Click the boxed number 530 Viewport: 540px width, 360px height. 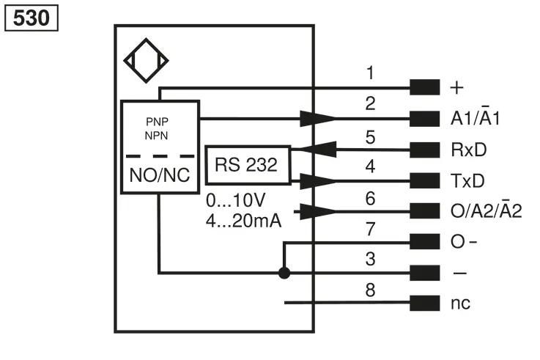tap(32, 18)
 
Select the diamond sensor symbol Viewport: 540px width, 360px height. tap(146, 61)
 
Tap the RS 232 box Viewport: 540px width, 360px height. tap(248, 165)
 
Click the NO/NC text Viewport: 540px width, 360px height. tap(160, 175)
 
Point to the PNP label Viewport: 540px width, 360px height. tap(157, 122)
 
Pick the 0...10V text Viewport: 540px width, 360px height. tap(235, 200)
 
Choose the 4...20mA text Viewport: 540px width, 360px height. tap(243, 221)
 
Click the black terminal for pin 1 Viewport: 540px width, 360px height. tap(425, 87)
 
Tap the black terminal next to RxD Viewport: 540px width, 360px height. tap(425, 150)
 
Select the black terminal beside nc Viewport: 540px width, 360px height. tap(425, 303)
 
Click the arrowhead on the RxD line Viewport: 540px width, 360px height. tap(319, 149)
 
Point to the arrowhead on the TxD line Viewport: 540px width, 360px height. tap(319, 181)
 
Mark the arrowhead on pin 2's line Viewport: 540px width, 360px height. tap(319, 119)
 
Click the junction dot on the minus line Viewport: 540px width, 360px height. tap(284, 273)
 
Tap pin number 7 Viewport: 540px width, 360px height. tap(370, 229)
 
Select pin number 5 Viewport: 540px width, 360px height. tap(370, 137)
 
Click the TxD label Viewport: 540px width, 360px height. tap(467, 180)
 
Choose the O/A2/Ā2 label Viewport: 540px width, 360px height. tap(486, 210)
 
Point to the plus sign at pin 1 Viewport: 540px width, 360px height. tap(456, 87)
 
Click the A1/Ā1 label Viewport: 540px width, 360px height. tap(475, 117)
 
